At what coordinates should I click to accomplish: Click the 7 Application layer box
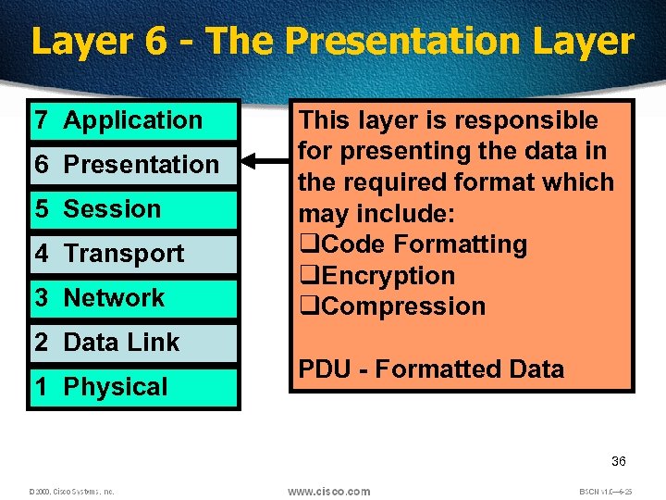tap(133, 120)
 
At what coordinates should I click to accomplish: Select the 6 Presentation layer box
tap(133, 165)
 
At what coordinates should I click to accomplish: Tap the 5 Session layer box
tap(133, 209)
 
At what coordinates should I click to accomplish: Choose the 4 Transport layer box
tap(133, 254)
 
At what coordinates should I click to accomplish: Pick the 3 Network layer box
tap(133, 298)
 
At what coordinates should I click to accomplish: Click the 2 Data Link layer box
tap(133, 343)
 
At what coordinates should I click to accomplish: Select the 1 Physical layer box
tap(133, 387)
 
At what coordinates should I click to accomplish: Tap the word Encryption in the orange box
tap(390, 276)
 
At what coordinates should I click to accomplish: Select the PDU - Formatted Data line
tap(430, 369)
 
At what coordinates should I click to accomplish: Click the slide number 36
tap(618, 461)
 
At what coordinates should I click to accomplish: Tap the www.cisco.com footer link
tap(328, 491)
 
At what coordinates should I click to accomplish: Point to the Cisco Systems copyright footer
tap(71, 492)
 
